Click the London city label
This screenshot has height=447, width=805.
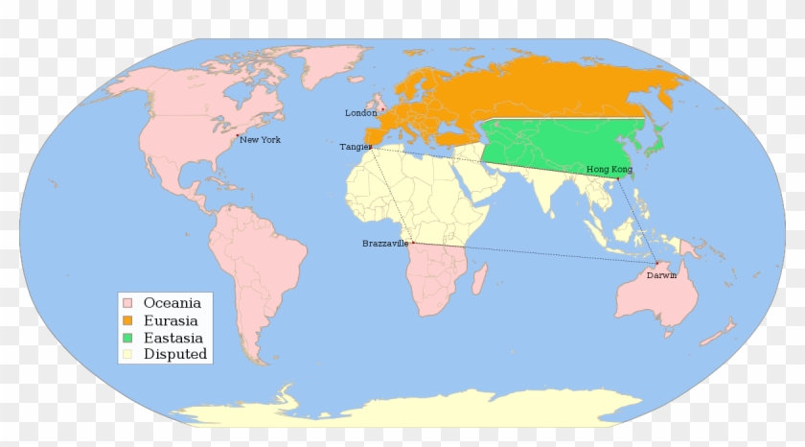click(361, 113)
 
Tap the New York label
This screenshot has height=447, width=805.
click(260, 140)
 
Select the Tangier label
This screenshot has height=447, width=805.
click(355, 147)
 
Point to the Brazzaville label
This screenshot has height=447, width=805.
click(385, 244)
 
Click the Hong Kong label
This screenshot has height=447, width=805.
click(609, 170)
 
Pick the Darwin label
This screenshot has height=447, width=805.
click(661, 275)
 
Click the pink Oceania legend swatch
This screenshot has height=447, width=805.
click(126, 303)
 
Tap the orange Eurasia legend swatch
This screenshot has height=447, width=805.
click(126, 320)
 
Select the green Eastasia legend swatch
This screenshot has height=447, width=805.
click(126, 338)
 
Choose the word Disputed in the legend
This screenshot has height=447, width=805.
click(174, 355)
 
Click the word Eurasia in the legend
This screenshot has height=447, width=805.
click(172, 320)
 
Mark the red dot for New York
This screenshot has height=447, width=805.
click(237, 137)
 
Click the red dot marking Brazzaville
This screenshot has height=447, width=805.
click(413, 243)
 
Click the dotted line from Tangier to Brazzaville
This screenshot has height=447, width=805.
click(392, 196)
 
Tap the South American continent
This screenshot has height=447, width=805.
click(259, 269)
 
